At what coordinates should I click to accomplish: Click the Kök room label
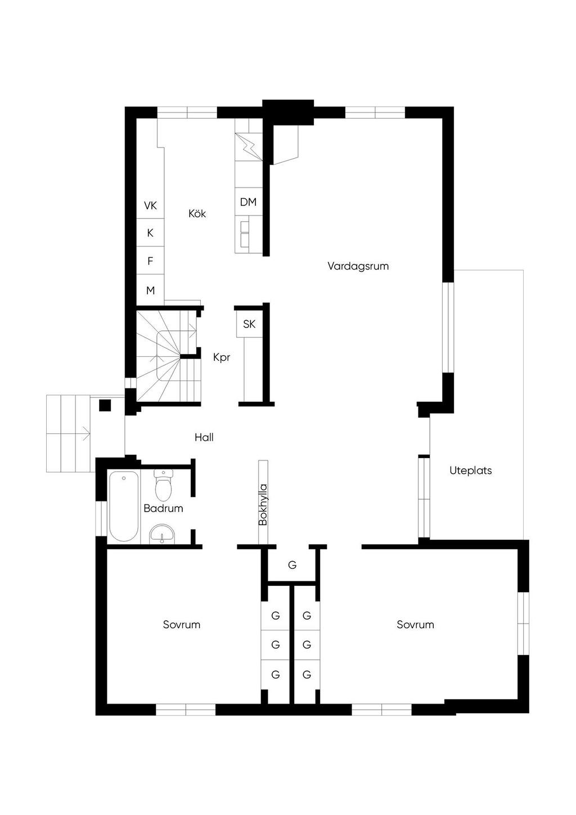[x=197, y=213]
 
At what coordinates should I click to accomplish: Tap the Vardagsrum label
[x=358, y=266]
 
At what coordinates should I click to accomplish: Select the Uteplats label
[x=471, y=471]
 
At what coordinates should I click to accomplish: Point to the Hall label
[x=204, y=437]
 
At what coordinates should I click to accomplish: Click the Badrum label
[x=163, y=508]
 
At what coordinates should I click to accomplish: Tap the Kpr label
[x=222, y=357]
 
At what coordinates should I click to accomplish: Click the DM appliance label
[x=249, y=201]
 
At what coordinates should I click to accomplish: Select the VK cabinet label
[x=150, y=205]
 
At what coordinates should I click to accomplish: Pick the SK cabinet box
[x=249, y=324]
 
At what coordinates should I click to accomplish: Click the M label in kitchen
[x=150, y=290]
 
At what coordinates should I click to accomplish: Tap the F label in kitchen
[x=150, y=261]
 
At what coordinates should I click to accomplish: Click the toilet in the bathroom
[x=163, y=485]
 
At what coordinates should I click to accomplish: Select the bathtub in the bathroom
[x=124, y=506]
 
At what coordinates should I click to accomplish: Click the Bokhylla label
[x=263, y=505]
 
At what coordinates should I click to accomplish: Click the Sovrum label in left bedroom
[x=182, y=625]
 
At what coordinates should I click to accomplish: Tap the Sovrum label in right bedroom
[x=415, y=625]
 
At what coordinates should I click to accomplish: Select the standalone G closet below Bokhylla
[x=292, y=565]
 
